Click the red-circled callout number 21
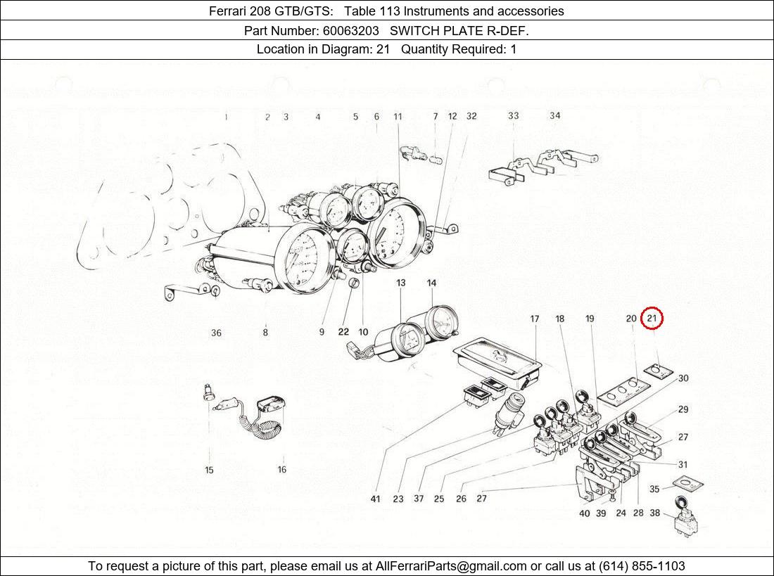(652, 319)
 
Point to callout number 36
(216, 333)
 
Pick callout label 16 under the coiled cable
(281, 470)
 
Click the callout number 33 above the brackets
(514, 116)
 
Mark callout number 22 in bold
(343, 332)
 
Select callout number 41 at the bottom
(375, 499)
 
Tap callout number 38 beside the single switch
(654, 513)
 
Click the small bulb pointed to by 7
(436, 160)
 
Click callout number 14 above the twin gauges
(431, 283)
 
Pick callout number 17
(535, 319)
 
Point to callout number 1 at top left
(226, 117)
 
